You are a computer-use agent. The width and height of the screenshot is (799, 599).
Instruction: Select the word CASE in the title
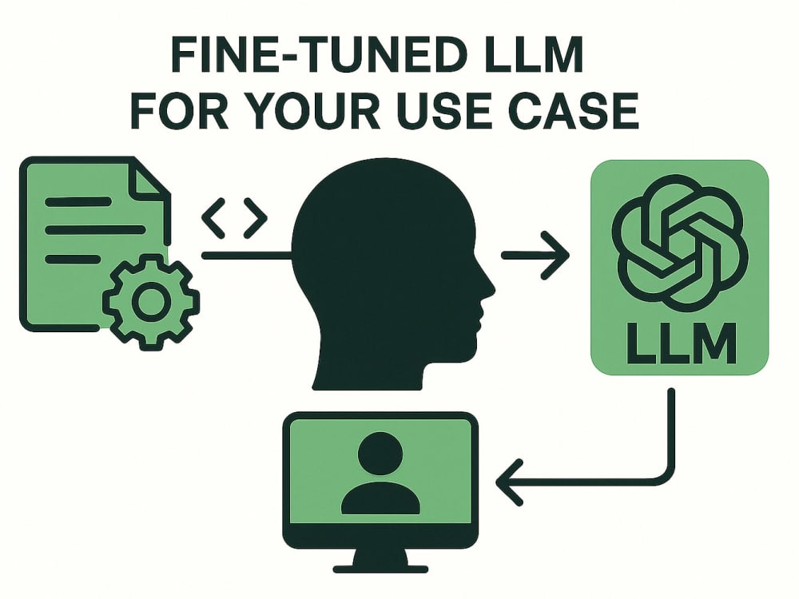point(574,110)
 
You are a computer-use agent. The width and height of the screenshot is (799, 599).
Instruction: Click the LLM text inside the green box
point(680,343)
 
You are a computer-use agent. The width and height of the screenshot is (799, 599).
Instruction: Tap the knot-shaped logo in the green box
point(680,244)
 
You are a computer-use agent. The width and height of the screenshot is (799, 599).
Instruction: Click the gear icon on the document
point(151,302)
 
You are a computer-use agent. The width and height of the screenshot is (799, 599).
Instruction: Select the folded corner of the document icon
point(150,178)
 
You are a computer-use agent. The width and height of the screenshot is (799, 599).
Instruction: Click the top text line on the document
point(78,202)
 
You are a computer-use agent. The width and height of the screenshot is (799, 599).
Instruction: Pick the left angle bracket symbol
point(214,219)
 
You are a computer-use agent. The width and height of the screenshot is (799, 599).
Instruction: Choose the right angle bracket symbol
point(255,219)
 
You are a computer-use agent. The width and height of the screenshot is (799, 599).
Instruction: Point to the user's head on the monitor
point(380,453)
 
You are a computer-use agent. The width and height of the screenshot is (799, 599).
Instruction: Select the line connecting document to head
point(247,256)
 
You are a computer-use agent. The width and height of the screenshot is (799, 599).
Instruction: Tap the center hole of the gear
point(151,302)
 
